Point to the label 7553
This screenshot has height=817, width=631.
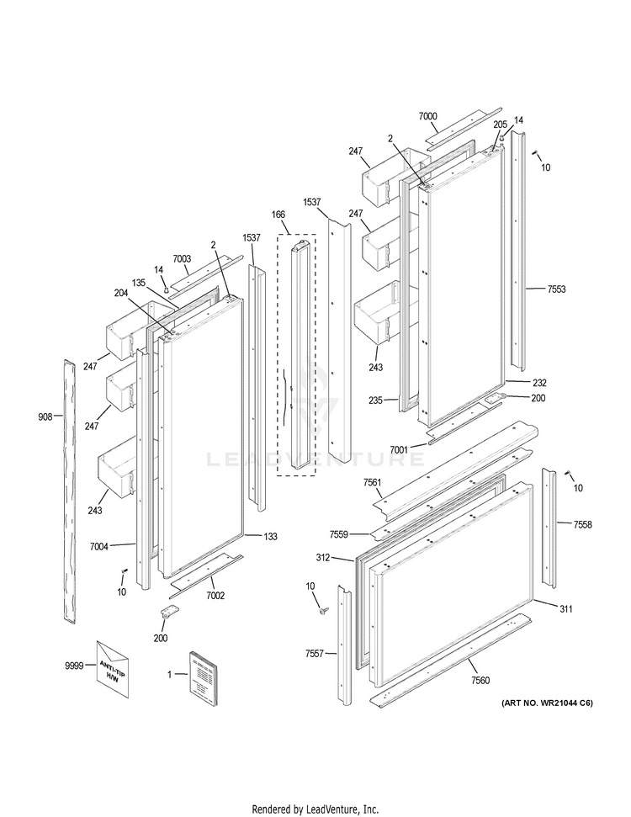tap(556, 289)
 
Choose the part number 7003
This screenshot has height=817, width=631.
tap(183, 259)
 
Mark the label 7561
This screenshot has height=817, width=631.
tap(372, 482)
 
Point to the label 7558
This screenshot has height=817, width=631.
tap(582, 524)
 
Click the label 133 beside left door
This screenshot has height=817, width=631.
tap(270, 536)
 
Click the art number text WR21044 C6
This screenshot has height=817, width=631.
tap(547, 703)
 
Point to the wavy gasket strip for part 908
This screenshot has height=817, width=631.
tap(68, 488)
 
